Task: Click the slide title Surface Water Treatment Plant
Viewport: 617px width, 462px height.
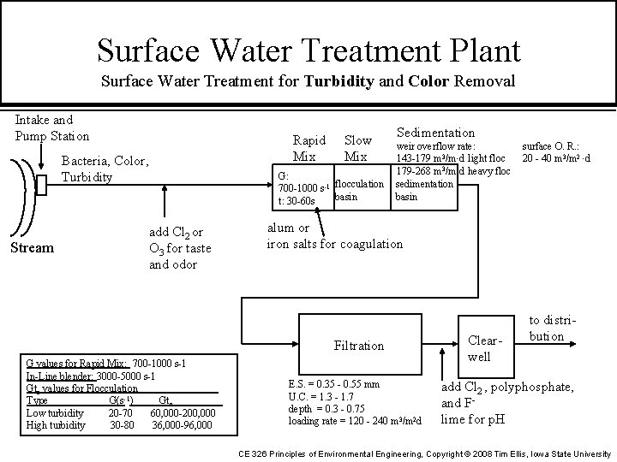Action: [308, 49]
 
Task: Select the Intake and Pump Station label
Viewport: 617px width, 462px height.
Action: [52, 128]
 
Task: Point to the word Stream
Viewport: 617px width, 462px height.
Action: [32, 248]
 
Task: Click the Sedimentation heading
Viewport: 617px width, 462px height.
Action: [434, 133]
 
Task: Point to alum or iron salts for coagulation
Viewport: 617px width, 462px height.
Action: [334, 236]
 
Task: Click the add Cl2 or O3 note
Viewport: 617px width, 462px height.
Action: [179, 248]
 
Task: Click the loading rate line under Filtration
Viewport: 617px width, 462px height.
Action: [356, 421]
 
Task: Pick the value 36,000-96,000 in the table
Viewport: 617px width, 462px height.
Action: [182, 425]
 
